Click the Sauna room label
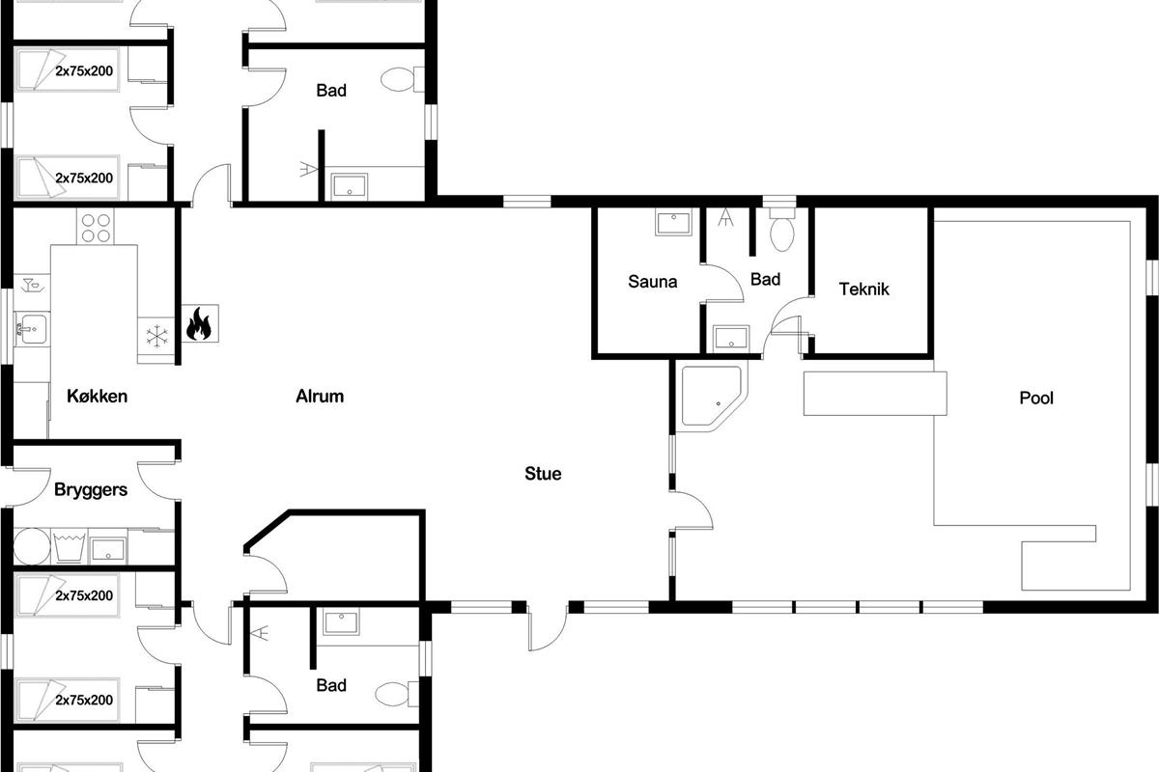click(653, 281)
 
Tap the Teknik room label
click(864, 289)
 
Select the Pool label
click(1036, 398)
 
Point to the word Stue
click(543, 473)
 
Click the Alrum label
click(320, 396)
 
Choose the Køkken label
click(98, 396)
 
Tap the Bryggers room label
click(91, 489)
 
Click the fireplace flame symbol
click(199, 323)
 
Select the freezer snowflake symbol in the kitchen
click(156, 336)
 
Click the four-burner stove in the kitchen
click(96, 227)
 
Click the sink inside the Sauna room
click(673, 222)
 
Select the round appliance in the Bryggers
click(32, 546)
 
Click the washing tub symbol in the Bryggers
click(70, 547)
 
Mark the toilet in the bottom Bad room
click(396, 694)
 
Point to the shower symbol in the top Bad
click(308, 169)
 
